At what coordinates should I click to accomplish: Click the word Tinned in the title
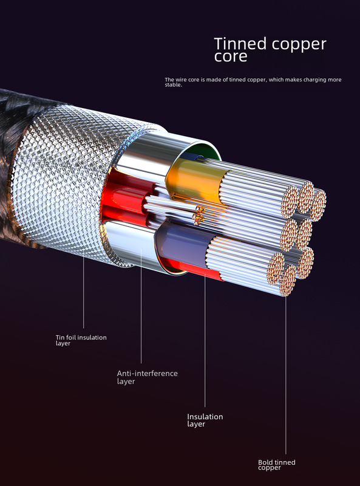tap(240, 43)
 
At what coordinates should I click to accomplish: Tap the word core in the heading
tap(231, 56)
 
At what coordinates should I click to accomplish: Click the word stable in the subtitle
tap(173, 85)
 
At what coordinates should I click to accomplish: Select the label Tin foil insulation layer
tap(81, 340)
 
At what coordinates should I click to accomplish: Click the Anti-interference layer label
tap(147, 377)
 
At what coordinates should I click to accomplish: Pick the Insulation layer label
tap(205, 420)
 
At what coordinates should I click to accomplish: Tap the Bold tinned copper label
tap(277, 465)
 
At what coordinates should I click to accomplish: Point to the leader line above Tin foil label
tap(83, 288)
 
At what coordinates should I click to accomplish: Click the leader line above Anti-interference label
tap(141, 306)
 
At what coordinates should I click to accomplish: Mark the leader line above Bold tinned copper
tap(286, 375)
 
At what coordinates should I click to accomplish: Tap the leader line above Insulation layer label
tap(205, 340)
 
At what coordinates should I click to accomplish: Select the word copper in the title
tap(299, 44)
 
